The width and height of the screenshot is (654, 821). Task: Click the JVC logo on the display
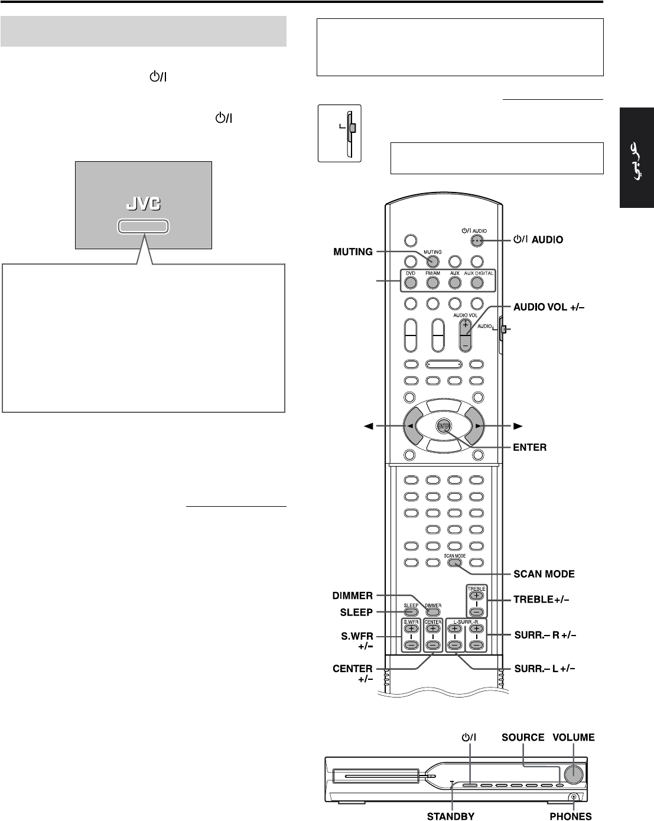pos(144,204)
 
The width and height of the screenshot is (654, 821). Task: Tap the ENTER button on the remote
pos(444,426)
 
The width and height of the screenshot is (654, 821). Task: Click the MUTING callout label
pos(353,252)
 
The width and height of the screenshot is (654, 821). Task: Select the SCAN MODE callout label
pos(544,574)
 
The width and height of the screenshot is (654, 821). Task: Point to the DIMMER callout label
pos(353,596)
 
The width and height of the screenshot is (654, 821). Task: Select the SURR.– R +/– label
pos(544,635)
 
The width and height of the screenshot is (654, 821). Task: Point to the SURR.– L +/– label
pos(544,669)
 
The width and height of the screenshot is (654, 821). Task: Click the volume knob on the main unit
pos(574,774)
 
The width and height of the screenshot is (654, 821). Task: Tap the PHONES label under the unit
pos(570,816)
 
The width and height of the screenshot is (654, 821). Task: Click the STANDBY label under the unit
pos(451,816)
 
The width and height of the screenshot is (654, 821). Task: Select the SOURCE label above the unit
pos(523,738)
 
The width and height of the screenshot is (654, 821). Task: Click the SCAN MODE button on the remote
pos(454,562)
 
